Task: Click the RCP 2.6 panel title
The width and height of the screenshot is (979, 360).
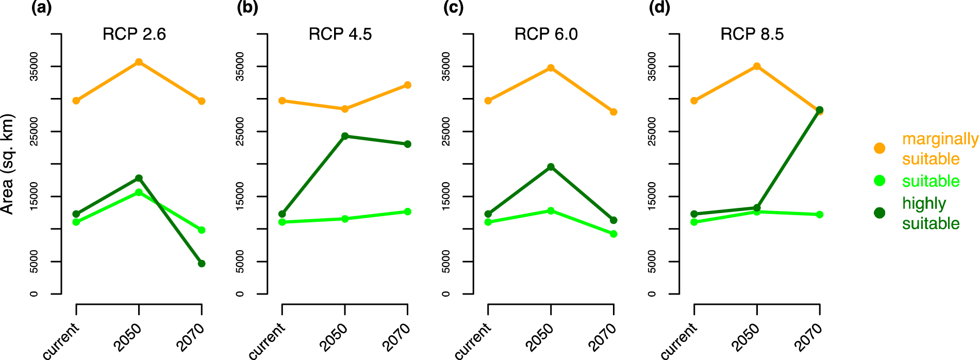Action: coord(134,34)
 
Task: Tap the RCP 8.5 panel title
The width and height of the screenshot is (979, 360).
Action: coord(752,34)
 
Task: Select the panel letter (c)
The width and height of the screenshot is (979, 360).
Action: coord(453,8)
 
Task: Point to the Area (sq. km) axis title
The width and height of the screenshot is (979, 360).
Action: coord(7,164)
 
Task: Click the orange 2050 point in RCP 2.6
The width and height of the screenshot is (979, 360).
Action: coord(139,62)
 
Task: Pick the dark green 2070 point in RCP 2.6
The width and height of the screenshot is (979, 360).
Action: coord(202,264)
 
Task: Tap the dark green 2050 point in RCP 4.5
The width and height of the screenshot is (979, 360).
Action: coord(345,136)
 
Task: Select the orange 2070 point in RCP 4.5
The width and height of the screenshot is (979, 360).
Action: coord(407,85)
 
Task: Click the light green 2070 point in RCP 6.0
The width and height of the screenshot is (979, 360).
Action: coord(613,234)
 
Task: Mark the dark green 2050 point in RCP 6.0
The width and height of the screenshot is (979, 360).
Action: coord(551,167)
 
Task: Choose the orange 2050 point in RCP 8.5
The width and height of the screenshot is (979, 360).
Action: coord(757,67)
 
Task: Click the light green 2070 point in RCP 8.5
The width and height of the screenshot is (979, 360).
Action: coord(819,215)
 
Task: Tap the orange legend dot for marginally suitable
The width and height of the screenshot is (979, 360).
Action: coord(880,149)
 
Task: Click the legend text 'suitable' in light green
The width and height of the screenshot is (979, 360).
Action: coord(931,181)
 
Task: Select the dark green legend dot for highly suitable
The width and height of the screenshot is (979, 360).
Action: coord(880,213)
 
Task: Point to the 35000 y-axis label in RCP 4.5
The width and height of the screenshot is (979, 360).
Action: coord(240,67)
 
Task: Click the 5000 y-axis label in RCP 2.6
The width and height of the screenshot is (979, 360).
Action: coord(35,261)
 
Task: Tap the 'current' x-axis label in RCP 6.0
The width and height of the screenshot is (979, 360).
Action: coord(473,340)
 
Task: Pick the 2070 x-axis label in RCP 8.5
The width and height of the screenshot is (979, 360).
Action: coord(808,337)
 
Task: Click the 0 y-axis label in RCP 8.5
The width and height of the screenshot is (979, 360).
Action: coord(652,294)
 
